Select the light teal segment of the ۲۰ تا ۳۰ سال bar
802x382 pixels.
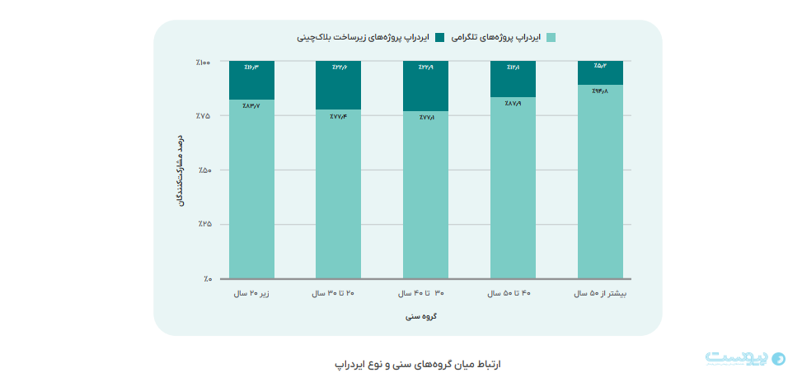click(x=338, y=193)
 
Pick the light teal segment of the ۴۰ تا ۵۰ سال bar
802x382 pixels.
click(x=513, y=188)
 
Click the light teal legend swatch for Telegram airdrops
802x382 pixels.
click(x=551, y=38)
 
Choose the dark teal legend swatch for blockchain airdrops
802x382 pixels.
click(x=439, y=38)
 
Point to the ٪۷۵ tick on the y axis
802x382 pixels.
click(x=204, y=116)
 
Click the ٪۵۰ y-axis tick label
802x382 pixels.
click(x=204, y=170)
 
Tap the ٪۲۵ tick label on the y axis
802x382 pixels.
click(x=204, y=224)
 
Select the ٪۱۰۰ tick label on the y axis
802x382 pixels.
click(x=204, y=63)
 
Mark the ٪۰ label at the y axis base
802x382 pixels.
click(x=206, y=279)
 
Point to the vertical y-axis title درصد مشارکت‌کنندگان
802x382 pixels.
click(x=180, y=170)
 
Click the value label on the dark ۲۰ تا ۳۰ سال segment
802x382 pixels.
click(x=338, y=68)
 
